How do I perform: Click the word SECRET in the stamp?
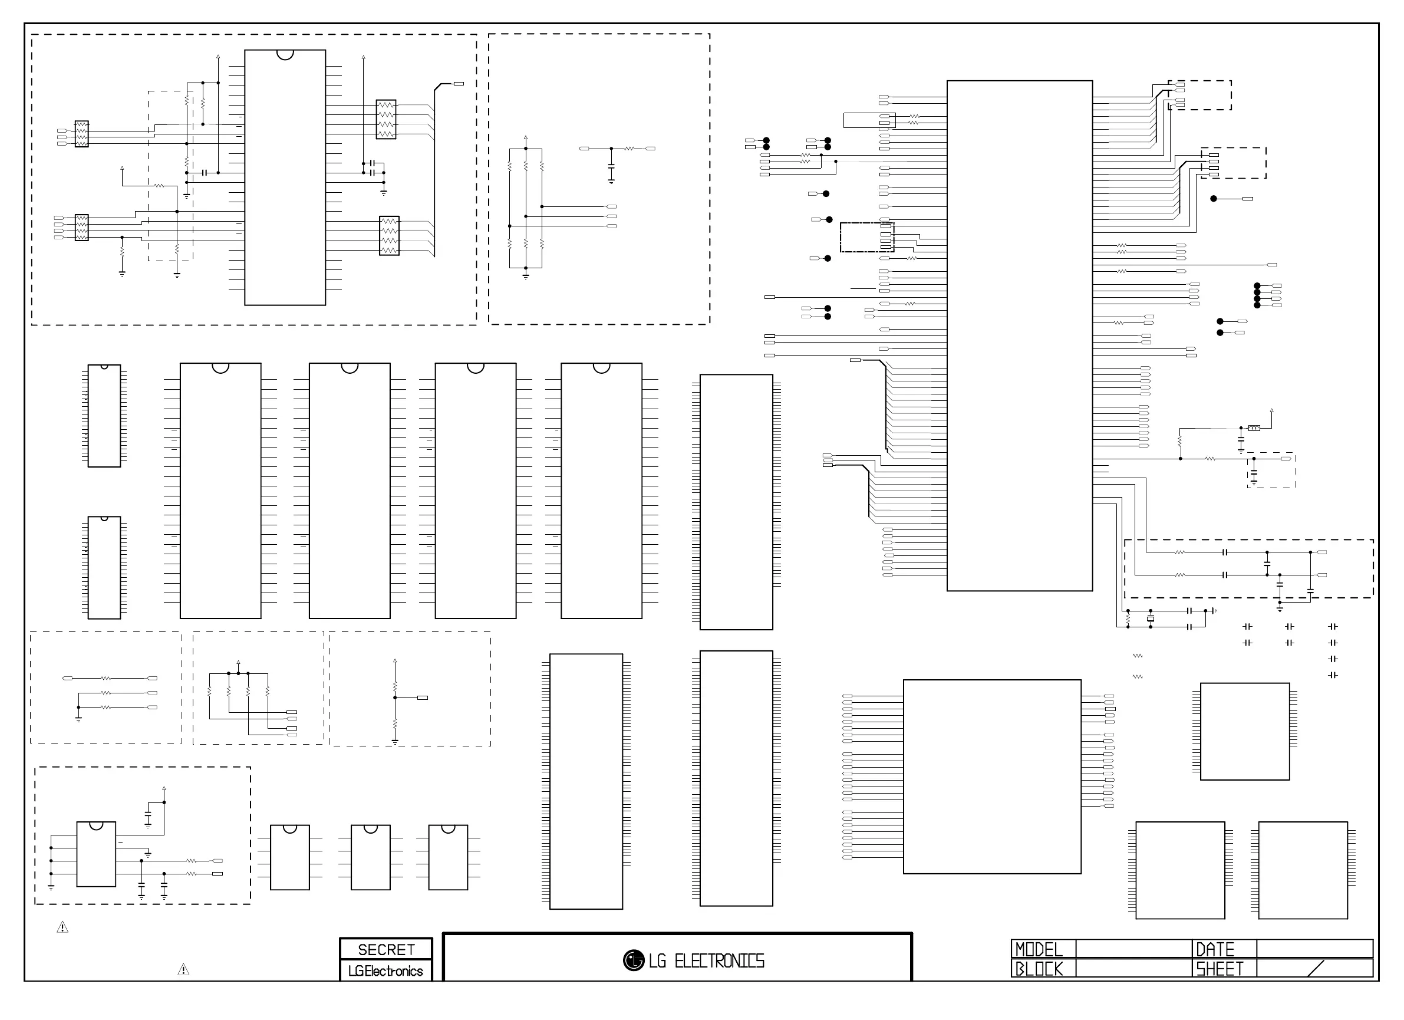(386, 949)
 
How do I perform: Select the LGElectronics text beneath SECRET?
(385, 970)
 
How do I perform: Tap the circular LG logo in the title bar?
(633, 960)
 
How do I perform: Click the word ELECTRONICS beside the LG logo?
(719, 961)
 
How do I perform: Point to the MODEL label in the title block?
(1039, 949)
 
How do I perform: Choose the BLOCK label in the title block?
(1039, 969)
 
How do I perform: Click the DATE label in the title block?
(1215, 949)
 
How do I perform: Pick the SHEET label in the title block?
(1219, 969)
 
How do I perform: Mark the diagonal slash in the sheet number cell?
(1317, 969)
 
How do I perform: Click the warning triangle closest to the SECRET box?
(183, 970)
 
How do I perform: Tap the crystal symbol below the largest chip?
(1150, 618)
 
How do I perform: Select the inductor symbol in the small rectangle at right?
(1254, 428)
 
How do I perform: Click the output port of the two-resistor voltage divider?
(423, 698)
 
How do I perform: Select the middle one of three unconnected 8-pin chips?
(370, 857)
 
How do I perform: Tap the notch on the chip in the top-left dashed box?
(285, 54)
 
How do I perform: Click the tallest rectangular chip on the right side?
(1019, 335)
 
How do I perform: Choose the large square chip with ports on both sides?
(992, 776)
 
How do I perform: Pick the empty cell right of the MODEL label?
(1133, 949)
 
